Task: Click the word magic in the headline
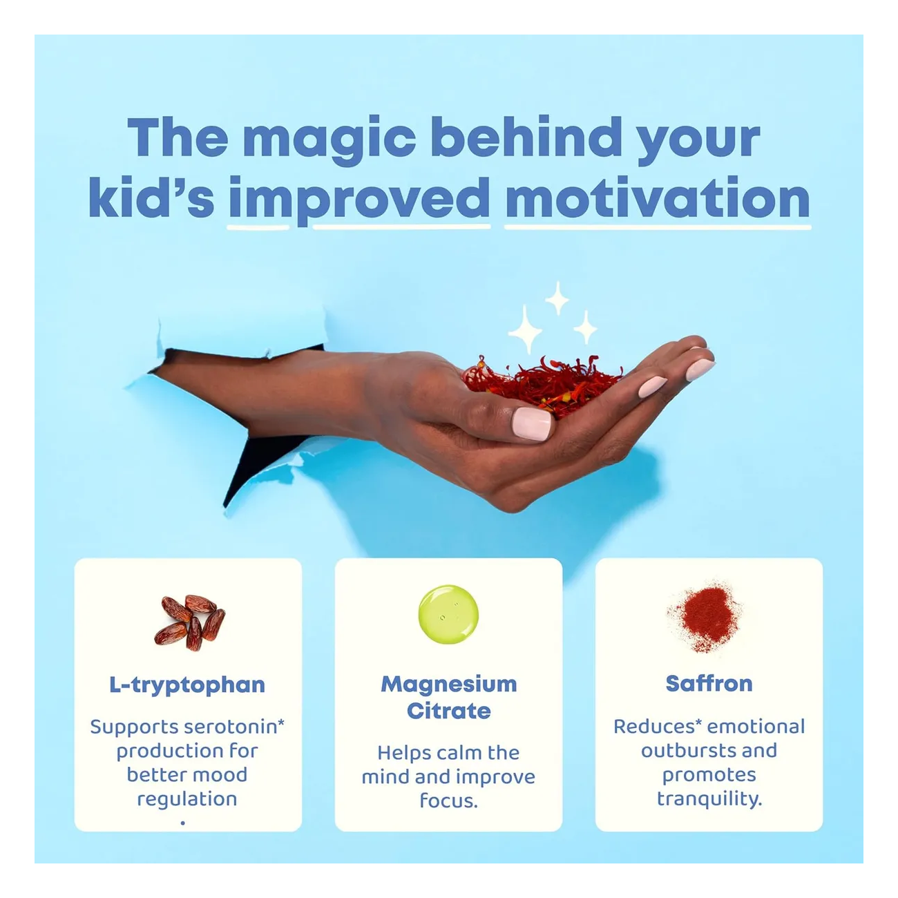(x=329, y=139)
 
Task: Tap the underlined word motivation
(x=657, y=198)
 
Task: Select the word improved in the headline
(x=359, y=198)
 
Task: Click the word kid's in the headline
(x=151, y=198)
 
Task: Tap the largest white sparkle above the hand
(x=526, y=331)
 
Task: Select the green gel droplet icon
(x=448, y=614)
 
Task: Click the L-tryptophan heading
(x=187, y=685)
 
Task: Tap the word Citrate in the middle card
(x=448, y=711)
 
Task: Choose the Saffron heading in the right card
(x=709, y=683)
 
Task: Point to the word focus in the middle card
(x=448, y=801)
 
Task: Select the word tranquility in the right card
(x=709, y=799)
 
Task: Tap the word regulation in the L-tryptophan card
(x=187, y=799)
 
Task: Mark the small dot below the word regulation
(x=182, y=823)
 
